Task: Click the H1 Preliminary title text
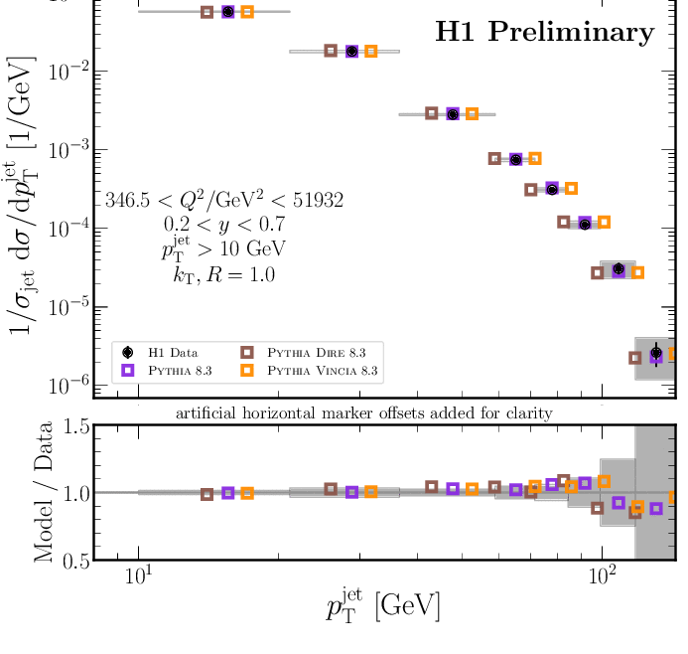pos(545,32)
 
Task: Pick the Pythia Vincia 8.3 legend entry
pos(313,371)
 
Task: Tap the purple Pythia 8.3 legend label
pos(181,371)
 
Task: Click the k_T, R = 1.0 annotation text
pos(222,273)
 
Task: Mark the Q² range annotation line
pos(223,201)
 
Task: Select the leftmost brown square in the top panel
pos(206,12)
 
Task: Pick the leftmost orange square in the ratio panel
pos(247,493)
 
